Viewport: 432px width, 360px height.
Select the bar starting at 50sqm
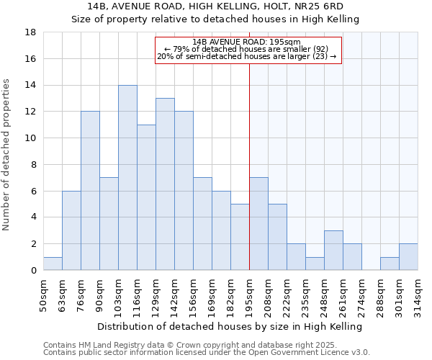[53, 264]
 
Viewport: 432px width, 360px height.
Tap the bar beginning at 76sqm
[90, 191]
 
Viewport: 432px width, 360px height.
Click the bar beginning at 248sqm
[333, 251]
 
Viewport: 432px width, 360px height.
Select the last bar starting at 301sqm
[408, 257]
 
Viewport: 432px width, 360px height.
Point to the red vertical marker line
[249, 166]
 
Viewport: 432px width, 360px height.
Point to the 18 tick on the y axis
[30, 32]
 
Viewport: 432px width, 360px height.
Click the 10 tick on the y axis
[30, 138]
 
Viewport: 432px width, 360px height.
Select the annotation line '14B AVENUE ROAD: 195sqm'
[247, 42]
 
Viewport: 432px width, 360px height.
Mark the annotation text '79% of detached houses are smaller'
[247, 50]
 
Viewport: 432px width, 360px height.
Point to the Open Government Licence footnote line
[206, 352]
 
